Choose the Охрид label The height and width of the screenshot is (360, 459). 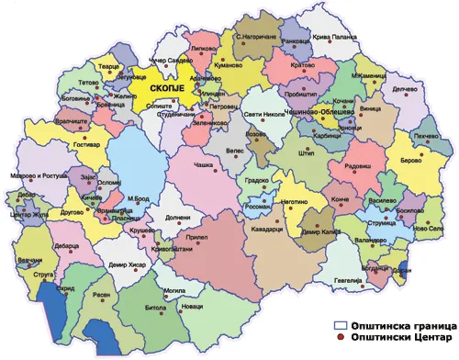64,287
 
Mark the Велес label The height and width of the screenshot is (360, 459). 235,151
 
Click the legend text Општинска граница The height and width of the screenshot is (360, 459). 405,326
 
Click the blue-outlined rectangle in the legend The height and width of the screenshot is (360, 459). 341,326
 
